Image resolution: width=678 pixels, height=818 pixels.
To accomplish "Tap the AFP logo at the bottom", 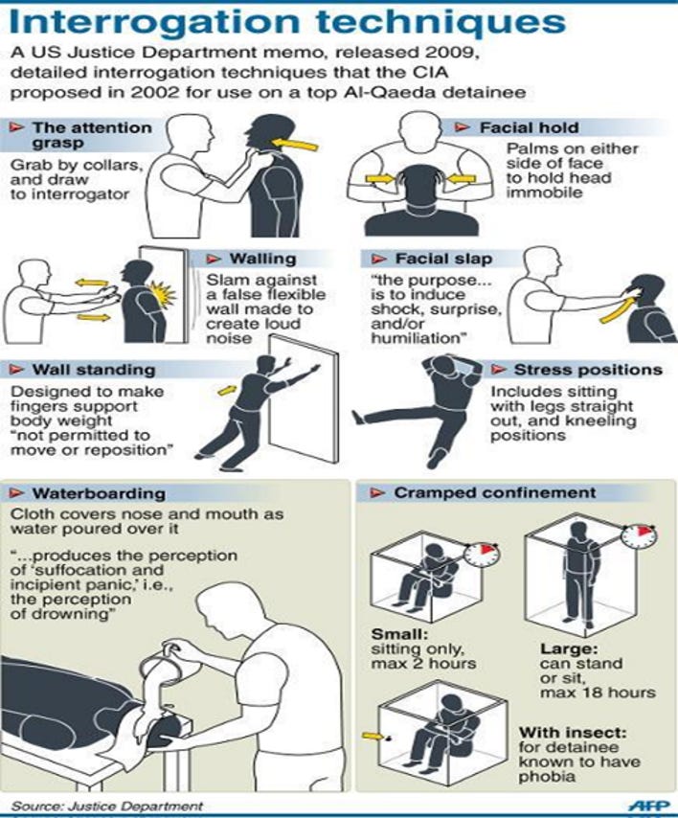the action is [x=648, y=806].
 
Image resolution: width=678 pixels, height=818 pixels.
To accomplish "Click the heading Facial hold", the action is [x=529, y=127].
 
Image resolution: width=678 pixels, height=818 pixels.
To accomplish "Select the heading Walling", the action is [x=262, y=259].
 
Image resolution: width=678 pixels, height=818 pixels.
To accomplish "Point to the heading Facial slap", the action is [x=443, y=259].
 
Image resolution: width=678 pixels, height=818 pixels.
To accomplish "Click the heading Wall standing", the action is [x=94, y=370].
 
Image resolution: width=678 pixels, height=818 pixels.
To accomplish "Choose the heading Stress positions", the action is [x=588, y=370].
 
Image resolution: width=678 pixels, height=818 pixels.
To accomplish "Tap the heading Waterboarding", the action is [x=99, y=493].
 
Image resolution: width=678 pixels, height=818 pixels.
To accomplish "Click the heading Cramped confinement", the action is [x=495, y=492].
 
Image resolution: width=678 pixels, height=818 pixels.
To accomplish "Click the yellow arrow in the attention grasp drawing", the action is [x=295, y=144].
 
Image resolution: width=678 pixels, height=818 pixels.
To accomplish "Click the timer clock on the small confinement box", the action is [x=482, y=554].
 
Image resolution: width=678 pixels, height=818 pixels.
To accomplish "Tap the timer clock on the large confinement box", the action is [x=640, y=535].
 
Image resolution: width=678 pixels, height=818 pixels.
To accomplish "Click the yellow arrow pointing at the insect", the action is [x=372, y=736].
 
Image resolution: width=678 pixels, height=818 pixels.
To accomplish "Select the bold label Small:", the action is [x=399, y=634].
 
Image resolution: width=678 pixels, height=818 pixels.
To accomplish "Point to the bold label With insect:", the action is [x=573, y=733].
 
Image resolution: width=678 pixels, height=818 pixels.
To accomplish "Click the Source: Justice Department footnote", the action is [x=107, y=806].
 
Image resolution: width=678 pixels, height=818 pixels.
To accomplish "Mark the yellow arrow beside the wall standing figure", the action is [x=227, y=390].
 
